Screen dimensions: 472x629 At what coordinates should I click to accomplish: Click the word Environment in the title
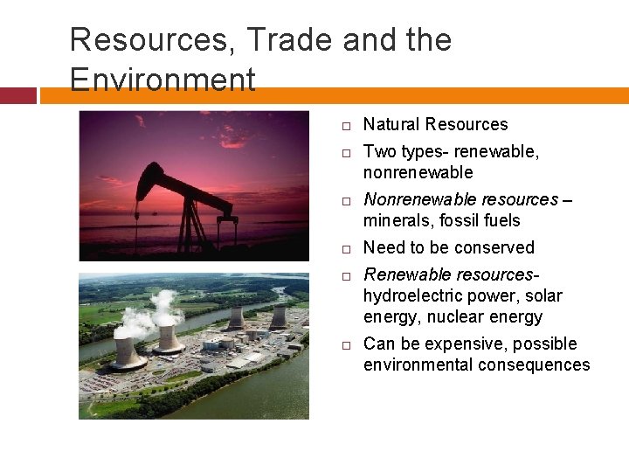click(162, 80)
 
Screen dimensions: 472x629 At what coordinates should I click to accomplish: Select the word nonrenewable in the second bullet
click(418, 172)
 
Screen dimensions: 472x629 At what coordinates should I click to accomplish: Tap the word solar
click(544, 295)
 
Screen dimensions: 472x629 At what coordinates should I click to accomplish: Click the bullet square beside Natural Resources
click(346, 126)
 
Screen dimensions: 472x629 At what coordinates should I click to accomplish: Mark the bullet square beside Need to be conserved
click(346, 248)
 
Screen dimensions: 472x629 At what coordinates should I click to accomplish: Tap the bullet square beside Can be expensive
click(346, 344)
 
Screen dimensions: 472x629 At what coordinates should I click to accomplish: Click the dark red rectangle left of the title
click(17, 95)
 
